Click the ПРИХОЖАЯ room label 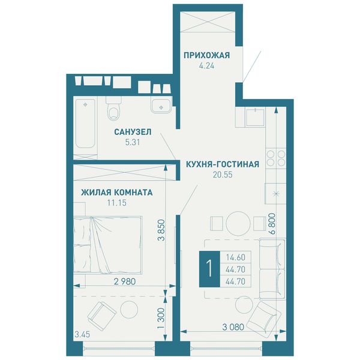point(206,55)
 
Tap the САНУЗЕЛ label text point(133,132)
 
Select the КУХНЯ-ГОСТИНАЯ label point(223,164)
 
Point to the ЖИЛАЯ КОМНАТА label point(117,193)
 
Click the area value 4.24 point(206,66)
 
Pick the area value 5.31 point(133,142)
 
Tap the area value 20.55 point(223,175)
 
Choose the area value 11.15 point(116,203)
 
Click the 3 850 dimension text point(161,230)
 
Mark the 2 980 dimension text point(125,281)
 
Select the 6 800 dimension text point(272,224)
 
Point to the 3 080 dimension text point(233,327)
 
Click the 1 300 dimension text point(161,318)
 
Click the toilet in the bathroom point(114,109)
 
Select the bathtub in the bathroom point(85,124)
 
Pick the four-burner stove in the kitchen point(276,158)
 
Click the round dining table point(238,223)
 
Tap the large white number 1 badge point(209,269)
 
